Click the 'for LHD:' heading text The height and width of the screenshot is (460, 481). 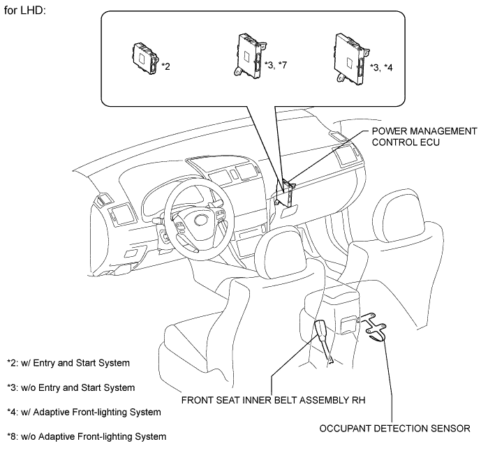coord(25,10)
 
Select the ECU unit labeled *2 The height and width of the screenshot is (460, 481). coord(145,58)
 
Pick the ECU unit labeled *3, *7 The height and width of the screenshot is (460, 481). coord(250,56)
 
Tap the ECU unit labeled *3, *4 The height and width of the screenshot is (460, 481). coord(352,59)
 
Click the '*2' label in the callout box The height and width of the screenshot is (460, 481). coord(165,66)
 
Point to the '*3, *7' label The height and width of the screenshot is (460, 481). coord(276,65)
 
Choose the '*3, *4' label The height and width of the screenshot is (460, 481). coord(381,67)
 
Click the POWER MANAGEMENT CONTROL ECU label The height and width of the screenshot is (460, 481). coord(424,137)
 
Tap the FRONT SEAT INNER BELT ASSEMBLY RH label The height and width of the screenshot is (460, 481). coord(274,400)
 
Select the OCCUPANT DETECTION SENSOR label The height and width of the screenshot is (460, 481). coord(395,429)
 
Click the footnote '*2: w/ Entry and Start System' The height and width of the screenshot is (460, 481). coord(68,363)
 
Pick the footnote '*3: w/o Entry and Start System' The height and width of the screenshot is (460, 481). coord(71,387)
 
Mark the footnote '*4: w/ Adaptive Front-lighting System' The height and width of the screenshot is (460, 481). coord(84,412)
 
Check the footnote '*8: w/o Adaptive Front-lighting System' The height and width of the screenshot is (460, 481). coord(87,437)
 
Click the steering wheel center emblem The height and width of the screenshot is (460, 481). coord(201,220)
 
